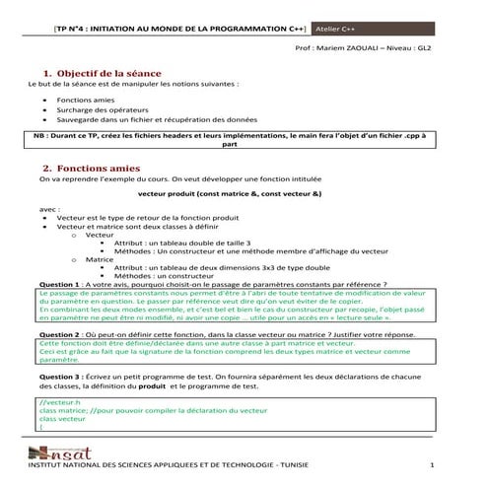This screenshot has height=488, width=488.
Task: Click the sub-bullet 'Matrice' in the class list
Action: click(100, 258)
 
